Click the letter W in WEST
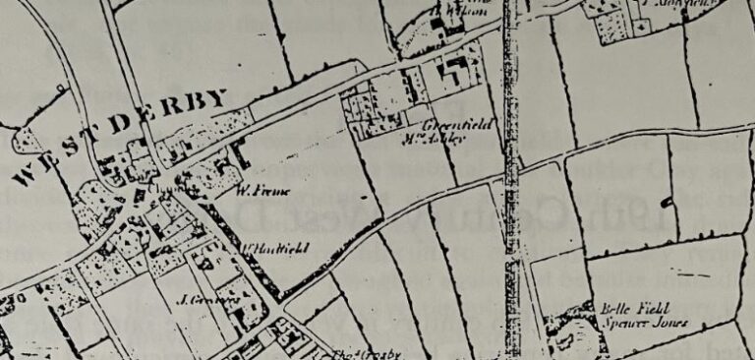[x=27, y=178]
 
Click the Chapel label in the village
[x=162, y=185]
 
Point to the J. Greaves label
[x=200, y=299]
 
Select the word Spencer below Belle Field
[x=616, y=322]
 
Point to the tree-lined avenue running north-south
[x=509, y=177]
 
